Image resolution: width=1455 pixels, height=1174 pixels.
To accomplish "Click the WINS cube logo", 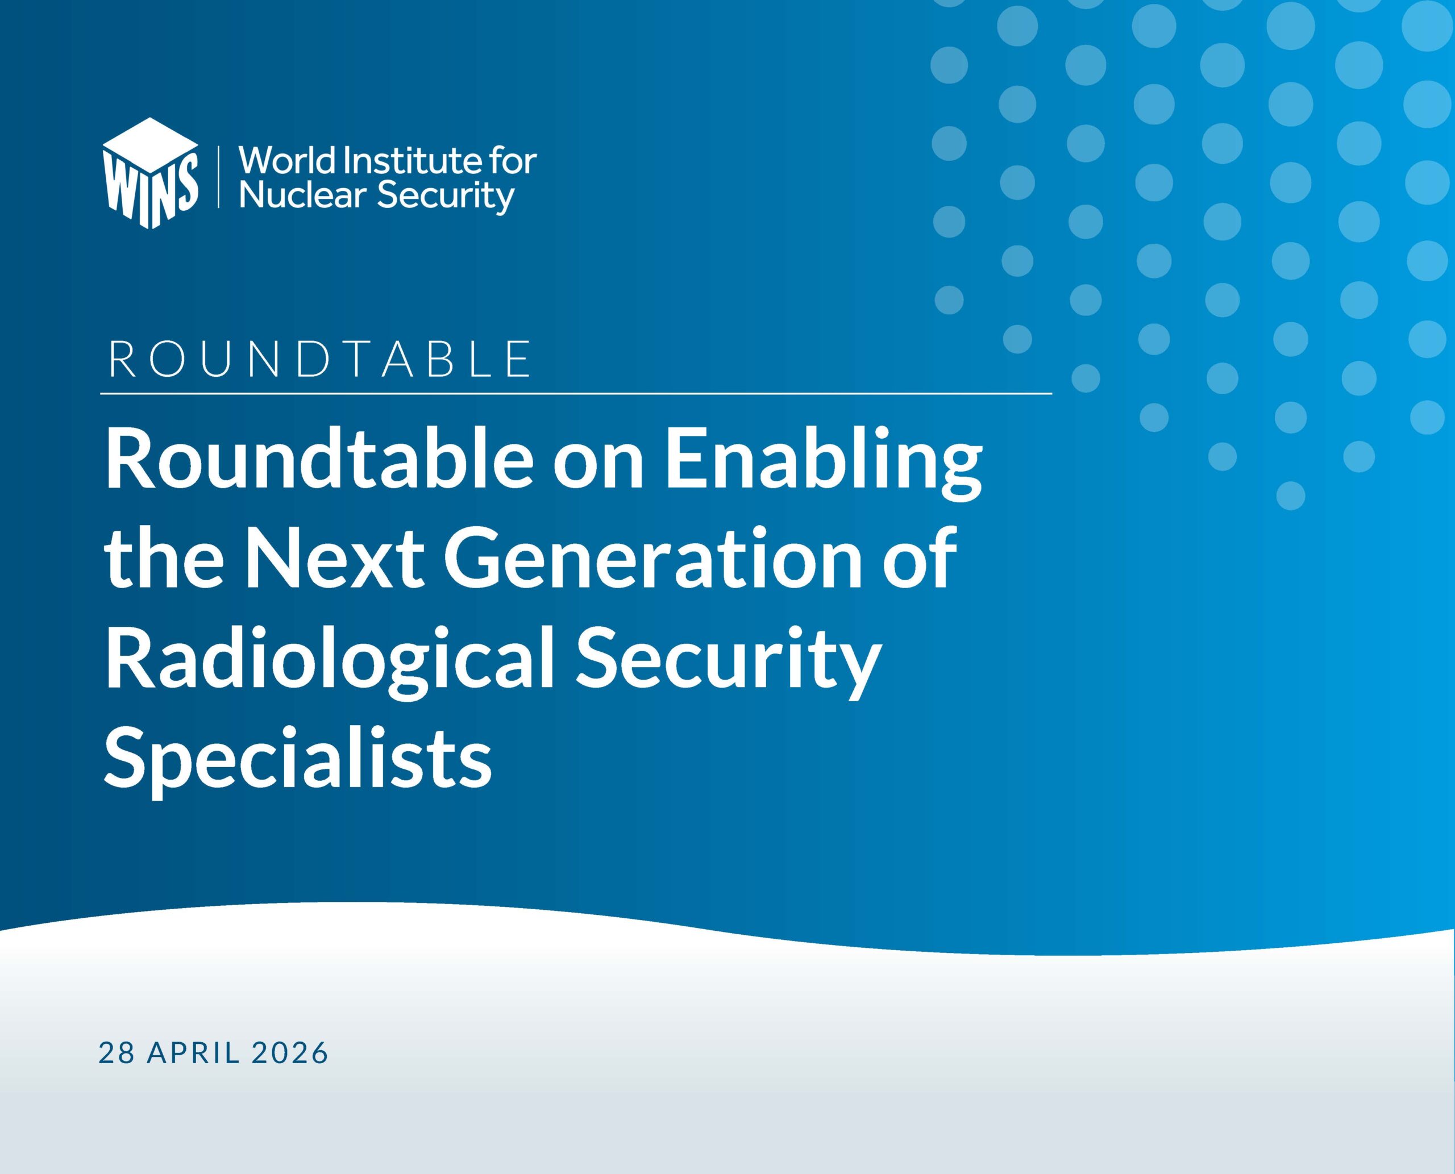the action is (150, 173).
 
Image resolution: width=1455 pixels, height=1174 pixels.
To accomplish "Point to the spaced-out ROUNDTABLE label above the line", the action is (319, 359).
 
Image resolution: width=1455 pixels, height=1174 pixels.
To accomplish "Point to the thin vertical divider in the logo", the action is (218, 175).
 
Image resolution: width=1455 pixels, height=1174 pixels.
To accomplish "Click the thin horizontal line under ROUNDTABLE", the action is (576, 393).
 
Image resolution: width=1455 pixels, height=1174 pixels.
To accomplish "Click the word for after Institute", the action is (512, 160).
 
